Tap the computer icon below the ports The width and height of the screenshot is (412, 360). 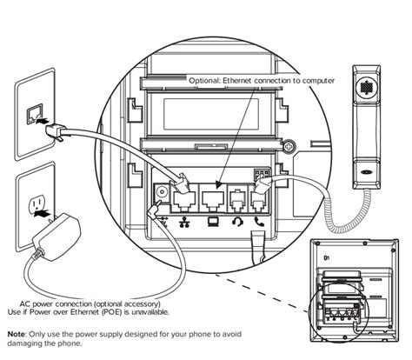212,222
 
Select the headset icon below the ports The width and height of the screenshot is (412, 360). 237,223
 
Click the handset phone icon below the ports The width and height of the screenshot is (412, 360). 259,222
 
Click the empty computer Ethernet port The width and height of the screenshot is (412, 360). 213,201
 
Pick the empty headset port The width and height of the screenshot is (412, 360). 238,200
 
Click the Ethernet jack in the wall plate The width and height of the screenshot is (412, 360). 35,115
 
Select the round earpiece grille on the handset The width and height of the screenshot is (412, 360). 366,86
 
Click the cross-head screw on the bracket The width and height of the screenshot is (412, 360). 289,147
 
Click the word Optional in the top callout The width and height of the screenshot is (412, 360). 204,81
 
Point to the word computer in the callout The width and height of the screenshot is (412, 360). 318,81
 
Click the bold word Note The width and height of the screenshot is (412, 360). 17,334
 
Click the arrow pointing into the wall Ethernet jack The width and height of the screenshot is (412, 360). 42,120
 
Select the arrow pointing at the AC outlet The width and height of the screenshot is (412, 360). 43,214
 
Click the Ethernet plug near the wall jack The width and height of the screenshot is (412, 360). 56,131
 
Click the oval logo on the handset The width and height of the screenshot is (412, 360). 366,171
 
